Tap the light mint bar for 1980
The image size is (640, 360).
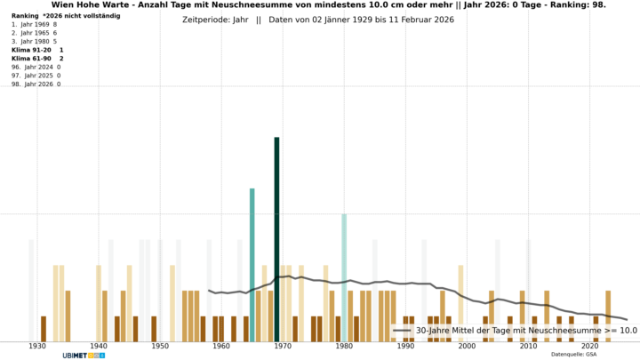pos(344,276)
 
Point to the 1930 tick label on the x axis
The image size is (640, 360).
pos(37,347)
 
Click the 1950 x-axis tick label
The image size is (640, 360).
pos(160,347)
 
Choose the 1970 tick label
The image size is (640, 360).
pos(283,347)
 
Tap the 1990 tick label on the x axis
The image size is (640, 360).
pos(405,347)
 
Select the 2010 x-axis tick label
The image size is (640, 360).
pos(528,347)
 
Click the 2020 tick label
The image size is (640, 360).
pos(589,347)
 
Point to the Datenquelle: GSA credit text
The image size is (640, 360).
pos(573,355)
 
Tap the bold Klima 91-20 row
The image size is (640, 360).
pos(37,50)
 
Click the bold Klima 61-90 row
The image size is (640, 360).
pos(37,58)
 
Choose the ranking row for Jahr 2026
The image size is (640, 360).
pos(36,84)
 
